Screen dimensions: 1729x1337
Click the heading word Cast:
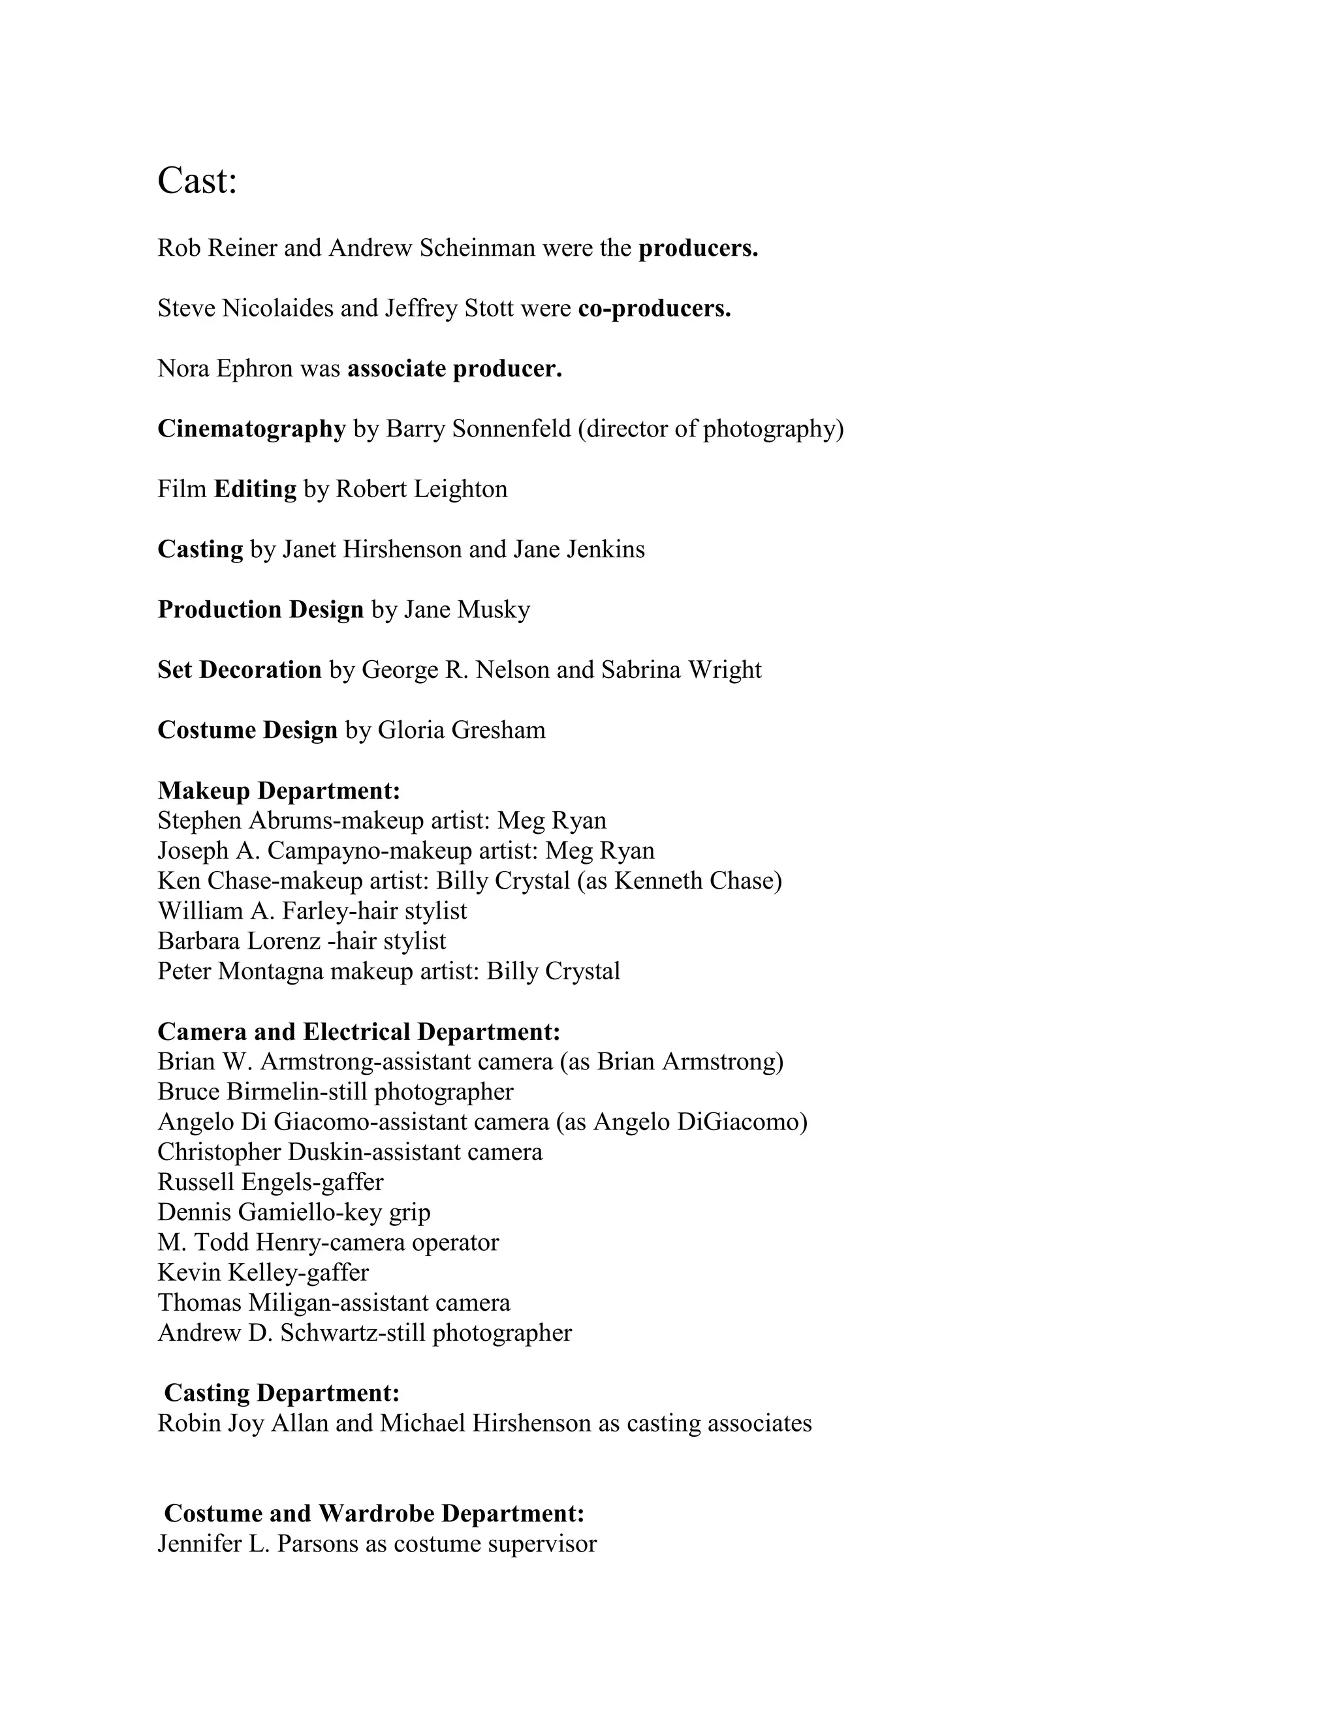click(x=197, y=181)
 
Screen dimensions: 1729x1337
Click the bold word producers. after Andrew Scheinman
click(x=698, y=249)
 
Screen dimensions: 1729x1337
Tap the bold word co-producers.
click(x=654, y=308)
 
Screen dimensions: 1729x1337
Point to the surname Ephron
click(x=253, y=369)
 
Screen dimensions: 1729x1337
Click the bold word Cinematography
click(x=252, y=429)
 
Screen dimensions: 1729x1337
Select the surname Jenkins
click(x=605, y=549)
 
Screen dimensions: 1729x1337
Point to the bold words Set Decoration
click(x=239, y=670)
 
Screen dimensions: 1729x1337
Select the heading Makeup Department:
click(x=279, y=791)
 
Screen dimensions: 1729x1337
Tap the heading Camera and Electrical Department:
click(x=359, y=1032)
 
